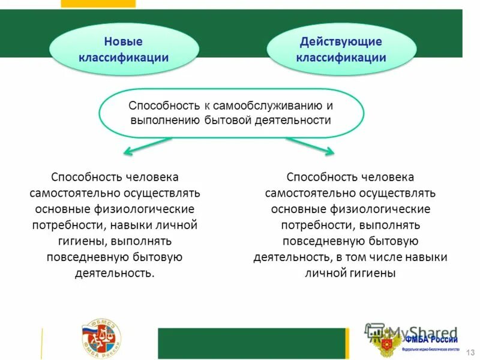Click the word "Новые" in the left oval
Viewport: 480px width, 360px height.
tap(123, 42)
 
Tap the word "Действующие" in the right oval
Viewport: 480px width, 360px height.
tap(341, 42)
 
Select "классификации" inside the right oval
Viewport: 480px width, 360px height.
tap(341, 58)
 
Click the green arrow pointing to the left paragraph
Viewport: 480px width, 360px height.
tap(147, 146)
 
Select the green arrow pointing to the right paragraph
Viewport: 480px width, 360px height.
tap(310, 146)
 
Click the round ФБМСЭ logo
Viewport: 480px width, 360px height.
tap(101, 340)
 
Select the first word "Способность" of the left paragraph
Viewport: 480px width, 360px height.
tap(87, 178)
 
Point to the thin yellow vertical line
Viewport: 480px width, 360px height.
tap(41, 343)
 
